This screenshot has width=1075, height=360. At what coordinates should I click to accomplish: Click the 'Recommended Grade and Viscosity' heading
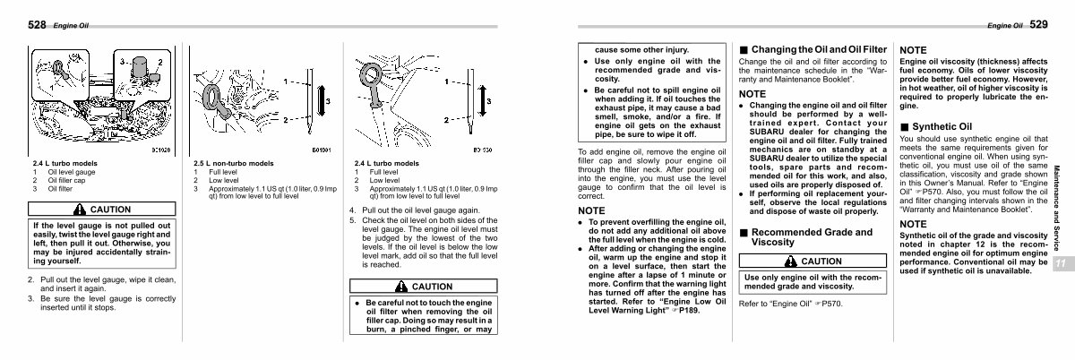pos(811,236)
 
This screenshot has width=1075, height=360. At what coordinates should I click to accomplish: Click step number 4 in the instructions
pos(352,210)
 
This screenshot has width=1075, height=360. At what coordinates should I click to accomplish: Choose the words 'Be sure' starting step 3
pos(52,297)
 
